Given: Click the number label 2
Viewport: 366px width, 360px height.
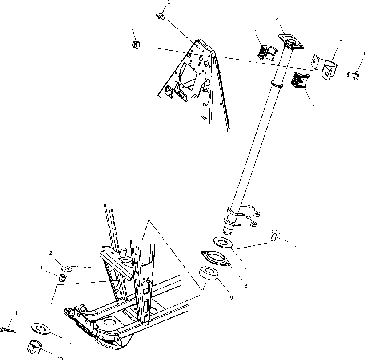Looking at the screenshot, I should pyautogui.click(x=169, y=2).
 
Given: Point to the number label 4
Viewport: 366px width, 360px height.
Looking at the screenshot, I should pyautogui.click(x=278, y=19).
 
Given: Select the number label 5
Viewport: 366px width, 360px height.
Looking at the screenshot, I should pyautogui.click(x=341, y=42).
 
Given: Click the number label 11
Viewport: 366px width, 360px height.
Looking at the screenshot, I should pyautogui.click(x=15, y=314).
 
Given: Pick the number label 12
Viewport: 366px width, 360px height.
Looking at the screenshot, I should pyautogui.click(x=62, y=252).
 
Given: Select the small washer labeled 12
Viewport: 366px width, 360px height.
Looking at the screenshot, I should pyautogui.click(x=66, y=268).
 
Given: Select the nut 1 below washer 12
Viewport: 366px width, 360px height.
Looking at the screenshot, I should pyautogui.click(x=64, y=278).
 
